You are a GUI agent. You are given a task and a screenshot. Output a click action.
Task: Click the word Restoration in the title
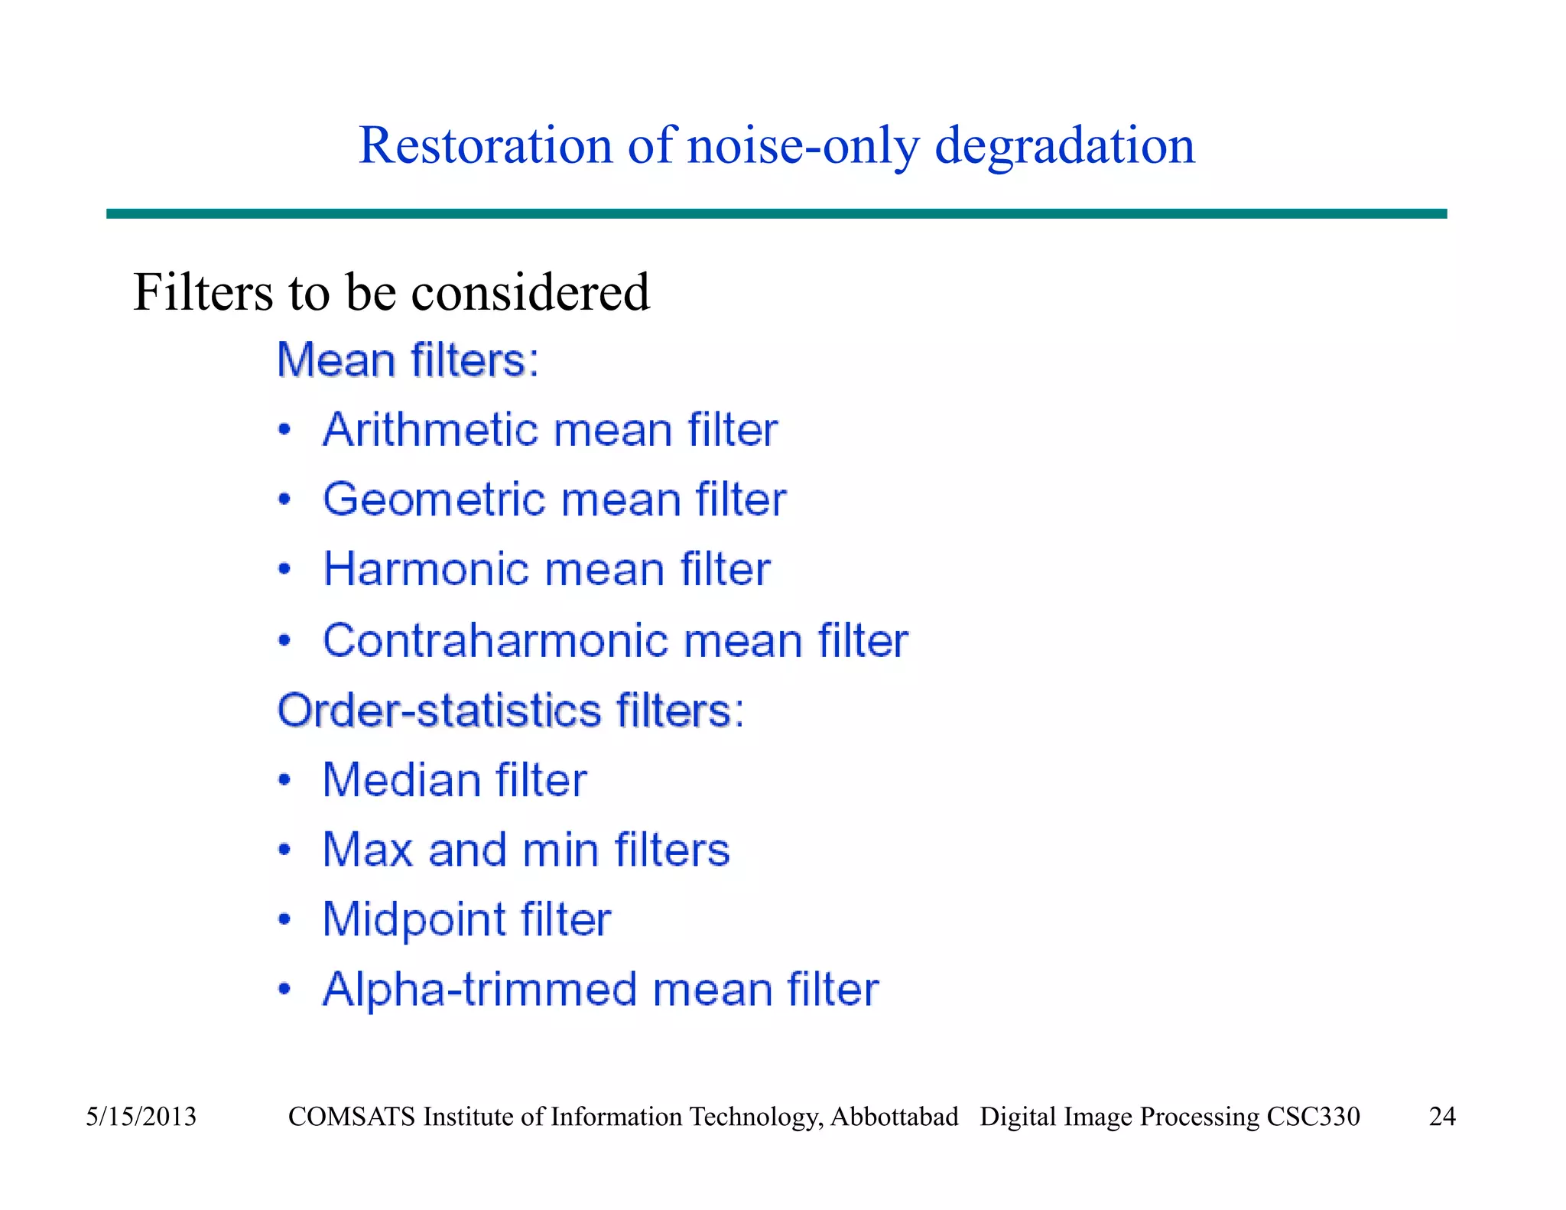486,145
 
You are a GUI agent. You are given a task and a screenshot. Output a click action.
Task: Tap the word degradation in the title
1064,145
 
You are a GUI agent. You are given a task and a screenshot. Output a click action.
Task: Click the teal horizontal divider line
776,214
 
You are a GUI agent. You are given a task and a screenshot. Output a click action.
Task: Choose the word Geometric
433,500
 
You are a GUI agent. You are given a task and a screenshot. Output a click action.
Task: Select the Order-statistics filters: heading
511,711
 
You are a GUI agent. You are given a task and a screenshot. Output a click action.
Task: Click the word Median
401,781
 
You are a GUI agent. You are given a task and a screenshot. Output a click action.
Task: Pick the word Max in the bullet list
367,850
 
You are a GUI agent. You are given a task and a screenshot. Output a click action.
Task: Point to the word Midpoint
413,920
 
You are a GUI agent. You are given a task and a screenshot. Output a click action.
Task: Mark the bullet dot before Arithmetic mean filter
284,430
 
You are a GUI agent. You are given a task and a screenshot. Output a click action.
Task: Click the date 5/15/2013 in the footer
141,1117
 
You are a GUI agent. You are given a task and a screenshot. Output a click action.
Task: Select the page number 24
1442,1117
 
